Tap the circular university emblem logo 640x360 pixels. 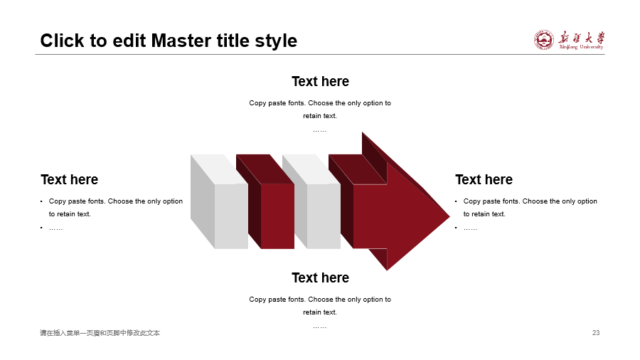544,40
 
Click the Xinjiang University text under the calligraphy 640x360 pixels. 581,47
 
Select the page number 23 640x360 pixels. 596,333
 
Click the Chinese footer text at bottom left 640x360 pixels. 100,333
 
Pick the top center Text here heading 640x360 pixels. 321,81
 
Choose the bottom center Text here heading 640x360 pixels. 321,277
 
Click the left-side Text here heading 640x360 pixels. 70,179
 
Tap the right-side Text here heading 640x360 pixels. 484,179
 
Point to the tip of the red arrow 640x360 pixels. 449,216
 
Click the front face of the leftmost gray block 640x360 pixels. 231,216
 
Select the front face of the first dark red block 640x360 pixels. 277,216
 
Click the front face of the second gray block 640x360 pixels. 324,216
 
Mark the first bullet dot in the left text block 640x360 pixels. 41,201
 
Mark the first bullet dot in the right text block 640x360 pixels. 456,201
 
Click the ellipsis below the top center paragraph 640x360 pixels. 320,131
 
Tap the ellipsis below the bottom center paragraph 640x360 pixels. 320,327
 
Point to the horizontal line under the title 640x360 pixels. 320,54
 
